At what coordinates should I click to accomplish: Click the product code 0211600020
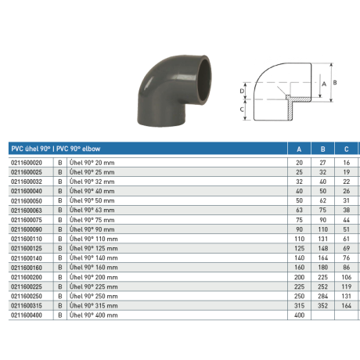coord(27,163)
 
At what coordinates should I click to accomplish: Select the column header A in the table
coord(299,149)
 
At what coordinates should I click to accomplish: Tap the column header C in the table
coord(346,149)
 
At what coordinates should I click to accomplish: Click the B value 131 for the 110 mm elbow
coord(322,239)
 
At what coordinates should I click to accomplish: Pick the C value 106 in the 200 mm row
coord(347,277)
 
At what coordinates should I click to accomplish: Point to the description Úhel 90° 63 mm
coord(92,211)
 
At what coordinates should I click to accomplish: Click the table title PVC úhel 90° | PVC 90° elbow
coord(56,149)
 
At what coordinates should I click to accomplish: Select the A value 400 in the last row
coord(299,315)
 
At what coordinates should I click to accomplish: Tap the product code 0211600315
coord(27,305)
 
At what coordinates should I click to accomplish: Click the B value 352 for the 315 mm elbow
coord(322,305)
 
